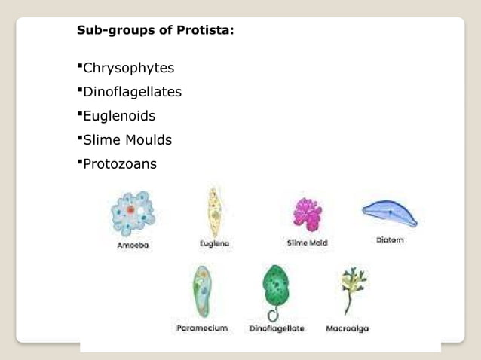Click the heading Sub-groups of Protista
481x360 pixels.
click(155, 31)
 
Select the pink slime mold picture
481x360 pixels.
click(307, 213)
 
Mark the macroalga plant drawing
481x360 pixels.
click(351, 290)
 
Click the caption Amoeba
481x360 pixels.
click(133, 245)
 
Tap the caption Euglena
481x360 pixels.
click(214, 243)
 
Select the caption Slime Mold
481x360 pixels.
click(307, 243)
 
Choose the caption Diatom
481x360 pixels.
click(390, 240)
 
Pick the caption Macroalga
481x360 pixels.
click(348, 328)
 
